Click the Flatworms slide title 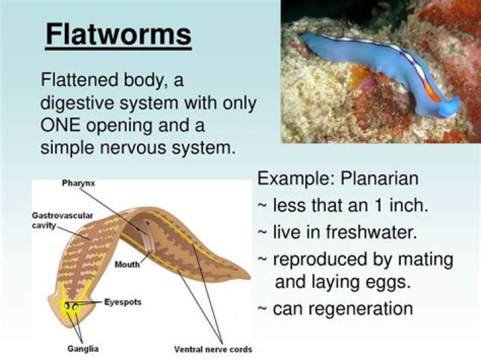coord(118,35)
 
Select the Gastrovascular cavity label coord(62,220)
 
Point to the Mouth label coord(128,264)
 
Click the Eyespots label coord(123,302)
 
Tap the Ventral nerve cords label coord(213,349)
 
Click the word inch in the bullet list coord(410,206)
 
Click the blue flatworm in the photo coord(381,67)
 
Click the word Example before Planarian coord(295,180)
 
